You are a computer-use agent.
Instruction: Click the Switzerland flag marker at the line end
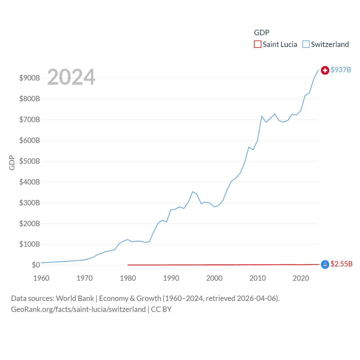coord(325,70)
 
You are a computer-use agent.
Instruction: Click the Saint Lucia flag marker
coord(325,264)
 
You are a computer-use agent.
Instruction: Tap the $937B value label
coord(341,70)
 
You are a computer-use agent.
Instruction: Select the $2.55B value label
coord(341,264)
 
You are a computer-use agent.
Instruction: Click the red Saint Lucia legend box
coord(258,44)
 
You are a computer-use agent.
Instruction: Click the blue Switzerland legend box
coord(306,44)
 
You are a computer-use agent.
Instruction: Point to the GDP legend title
coord(262,33)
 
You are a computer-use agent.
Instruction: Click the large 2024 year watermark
coord(71,77)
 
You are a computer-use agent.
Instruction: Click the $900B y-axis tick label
coord(30,78)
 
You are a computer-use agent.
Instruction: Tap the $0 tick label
coord(36,265)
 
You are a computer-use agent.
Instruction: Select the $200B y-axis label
coord(30,224)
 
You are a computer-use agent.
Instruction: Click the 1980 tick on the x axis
coord(128,278)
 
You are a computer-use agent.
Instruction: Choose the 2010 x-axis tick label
coord(258,278)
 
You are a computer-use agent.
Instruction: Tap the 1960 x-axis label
coord(41,278)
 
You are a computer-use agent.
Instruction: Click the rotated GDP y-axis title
coord(12,163)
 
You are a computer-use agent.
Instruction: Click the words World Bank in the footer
coord(75,298)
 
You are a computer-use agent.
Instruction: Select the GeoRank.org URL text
coord(78,309)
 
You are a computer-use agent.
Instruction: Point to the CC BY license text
coord(161,309)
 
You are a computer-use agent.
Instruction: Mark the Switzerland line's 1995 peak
coord(192,192)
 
